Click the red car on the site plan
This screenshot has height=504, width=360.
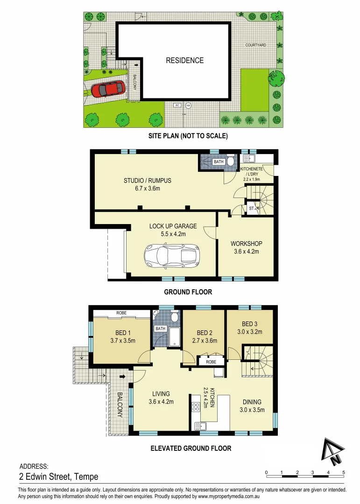coord(108,88)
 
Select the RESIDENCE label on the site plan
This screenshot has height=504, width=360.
coord(185,60)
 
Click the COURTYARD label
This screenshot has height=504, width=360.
coord(256,45)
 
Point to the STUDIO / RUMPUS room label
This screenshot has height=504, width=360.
coord(147,181)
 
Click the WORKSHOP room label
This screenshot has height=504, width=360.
coord(246,244)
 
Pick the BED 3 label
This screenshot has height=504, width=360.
coord(249,324)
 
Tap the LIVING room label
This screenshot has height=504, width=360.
coord(161,394)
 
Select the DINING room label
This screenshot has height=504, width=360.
coord(252,402)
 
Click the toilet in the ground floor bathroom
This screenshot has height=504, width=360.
coord(230,162)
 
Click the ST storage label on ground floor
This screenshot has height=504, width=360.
coord(251,208)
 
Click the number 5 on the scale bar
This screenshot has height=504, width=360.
coord(344,473)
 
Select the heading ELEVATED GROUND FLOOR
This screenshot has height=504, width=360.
coord(191,448)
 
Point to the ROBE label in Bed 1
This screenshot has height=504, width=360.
coord(121,313)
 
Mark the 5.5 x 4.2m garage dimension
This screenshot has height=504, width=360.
coord(173,234)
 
